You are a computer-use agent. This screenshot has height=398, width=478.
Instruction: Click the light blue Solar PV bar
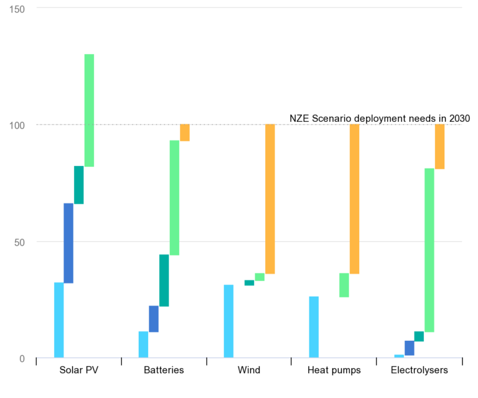[59, 320]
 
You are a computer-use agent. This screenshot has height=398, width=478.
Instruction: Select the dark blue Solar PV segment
[68, 243]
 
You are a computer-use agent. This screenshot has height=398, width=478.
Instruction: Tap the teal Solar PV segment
[79, 185]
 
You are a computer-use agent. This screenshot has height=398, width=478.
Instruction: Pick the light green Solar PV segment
[90, 110]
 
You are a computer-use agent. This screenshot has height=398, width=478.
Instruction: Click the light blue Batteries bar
[144, 345]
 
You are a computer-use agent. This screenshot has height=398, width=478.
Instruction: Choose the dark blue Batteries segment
[154, 319]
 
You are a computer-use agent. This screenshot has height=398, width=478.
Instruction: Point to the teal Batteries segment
[164, 280]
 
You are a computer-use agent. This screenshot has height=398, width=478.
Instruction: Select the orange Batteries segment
[185, 132]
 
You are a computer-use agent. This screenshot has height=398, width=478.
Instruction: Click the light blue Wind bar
[228, 322]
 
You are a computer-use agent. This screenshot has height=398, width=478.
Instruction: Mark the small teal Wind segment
[249, 283]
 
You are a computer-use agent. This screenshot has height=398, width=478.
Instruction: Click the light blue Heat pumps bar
[314, 327]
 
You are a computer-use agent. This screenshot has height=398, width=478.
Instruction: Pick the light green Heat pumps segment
[344, 285]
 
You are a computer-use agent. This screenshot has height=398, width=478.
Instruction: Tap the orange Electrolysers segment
[439, 147]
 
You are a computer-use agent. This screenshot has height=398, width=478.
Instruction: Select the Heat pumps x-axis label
[334, 371]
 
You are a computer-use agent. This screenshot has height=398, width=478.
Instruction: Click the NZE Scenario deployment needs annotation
[380, 118]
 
